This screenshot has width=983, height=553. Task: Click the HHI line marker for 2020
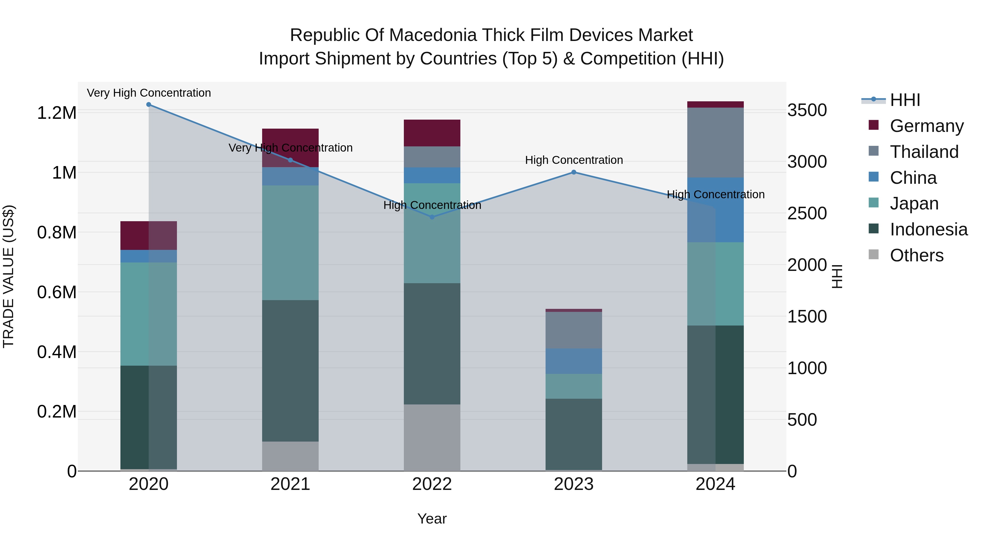pos(149,105)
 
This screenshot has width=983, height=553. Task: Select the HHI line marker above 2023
pos(573,172)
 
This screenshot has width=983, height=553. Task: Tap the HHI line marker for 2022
pos(432,217)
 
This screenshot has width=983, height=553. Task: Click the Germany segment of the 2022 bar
pos(432,133)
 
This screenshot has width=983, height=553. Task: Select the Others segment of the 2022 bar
pos(432,437)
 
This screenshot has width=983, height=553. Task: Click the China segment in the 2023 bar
pos(573,361)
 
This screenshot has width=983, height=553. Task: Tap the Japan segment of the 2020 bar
pos(149,314)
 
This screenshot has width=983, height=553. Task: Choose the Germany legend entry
pos(926,126)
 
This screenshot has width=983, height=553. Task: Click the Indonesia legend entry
pos(928,229)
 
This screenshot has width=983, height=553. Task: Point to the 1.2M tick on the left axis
pos(57,113)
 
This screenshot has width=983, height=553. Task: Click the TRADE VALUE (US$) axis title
pos(9,276)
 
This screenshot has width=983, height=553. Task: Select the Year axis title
pos(432,519)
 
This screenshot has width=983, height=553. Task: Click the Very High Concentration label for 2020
pos(149,93)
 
